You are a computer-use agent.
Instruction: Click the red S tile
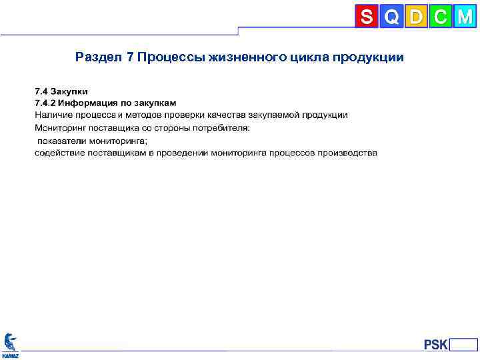tap(366, 17)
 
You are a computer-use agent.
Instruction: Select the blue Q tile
tap(391, 17)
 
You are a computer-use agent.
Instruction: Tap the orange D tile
tap(416, 17)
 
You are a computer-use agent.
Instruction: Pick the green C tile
tap(440, 17)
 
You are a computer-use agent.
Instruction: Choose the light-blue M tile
tap(465, 17)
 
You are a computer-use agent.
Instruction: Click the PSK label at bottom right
tap(435, 345)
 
